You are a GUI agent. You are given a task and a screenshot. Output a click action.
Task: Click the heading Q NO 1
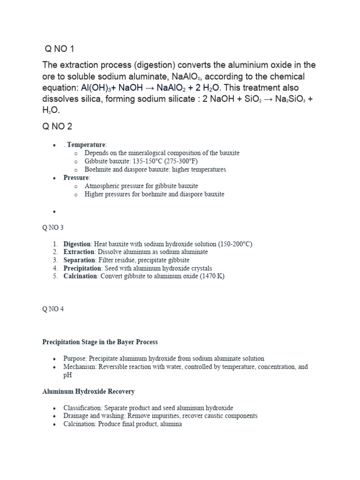(60, 49)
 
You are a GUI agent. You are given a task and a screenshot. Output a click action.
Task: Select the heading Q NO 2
(57, 127)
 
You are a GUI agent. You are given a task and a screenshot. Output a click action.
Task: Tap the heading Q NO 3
(53, 228)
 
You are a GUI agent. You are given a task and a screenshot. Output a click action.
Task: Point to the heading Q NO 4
(53, 309)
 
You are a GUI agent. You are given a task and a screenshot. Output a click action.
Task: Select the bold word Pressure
(76, 178)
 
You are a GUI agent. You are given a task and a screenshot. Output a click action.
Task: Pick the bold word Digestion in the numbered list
(77, 244)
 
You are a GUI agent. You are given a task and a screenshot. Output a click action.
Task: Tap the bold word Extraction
(79, 252)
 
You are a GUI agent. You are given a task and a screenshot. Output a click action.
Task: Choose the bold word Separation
(79, 260)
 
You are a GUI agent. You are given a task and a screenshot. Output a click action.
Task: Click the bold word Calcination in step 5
(81, 276)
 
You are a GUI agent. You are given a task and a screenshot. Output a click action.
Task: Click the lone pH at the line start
(67, 375)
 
